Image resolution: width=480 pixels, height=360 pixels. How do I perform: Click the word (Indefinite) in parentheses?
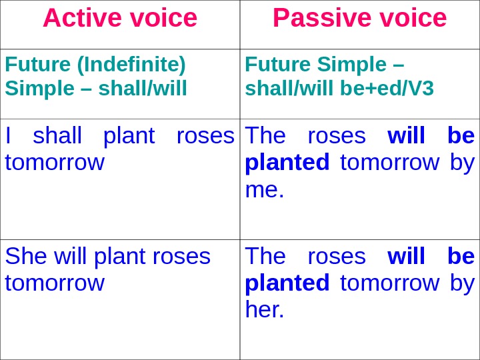tap(132, 65)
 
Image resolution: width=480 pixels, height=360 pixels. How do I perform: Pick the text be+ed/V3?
tap(387, 87)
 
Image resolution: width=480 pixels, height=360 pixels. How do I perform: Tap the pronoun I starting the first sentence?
tap(8, 136)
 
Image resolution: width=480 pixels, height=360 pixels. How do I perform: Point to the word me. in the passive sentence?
tap(264, 189)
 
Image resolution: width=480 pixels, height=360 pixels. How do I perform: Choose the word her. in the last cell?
tap(264, 309)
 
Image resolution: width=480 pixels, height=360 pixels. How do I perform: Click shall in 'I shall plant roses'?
tap(57, 136)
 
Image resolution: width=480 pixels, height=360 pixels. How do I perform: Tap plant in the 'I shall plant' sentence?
tap(128, 136)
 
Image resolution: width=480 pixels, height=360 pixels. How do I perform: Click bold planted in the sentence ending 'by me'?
tap(287, 163)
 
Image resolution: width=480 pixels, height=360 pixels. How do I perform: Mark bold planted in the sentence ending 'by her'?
tap(287, 283)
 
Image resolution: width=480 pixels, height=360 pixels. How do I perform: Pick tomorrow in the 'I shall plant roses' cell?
tap(55, 163)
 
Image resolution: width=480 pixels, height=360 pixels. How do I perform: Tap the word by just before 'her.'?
tap(462, 283)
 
